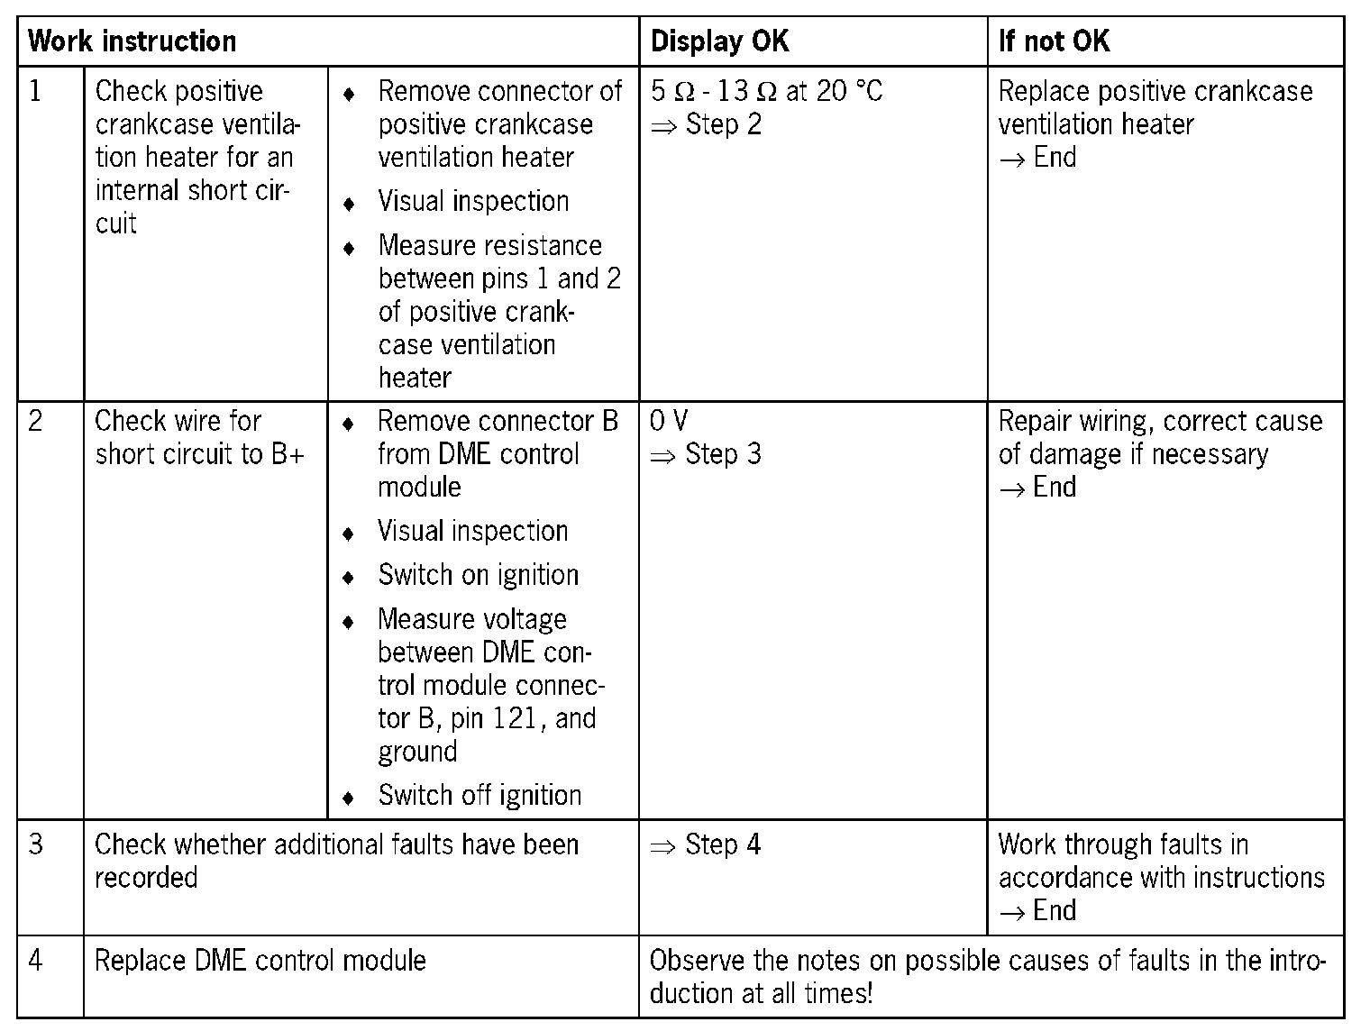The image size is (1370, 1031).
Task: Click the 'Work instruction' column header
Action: pos(132,41)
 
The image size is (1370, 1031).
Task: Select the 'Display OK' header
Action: pos(719,41)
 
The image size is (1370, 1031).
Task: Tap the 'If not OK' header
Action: pos(1054,41)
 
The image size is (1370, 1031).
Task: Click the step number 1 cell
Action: pos(36,91)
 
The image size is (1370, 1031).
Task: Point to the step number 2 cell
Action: pos(36,421)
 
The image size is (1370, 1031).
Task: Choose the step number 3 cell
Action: pos(36,844)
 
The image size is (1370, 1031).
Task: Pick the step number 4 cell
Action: pos(36,960)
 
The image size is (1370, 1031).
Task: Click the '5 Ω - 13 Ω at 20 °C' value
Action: pos(766,91)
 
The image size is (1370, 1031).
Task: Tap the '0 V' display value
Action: pos(669,421)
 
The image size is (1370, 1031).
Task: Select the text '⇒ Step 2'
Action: pos(706,124)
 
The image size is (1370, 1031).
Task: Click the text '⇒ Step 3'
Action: pos(706,454)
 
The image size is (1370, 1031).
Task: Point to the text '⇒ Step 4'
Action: pos(706,844)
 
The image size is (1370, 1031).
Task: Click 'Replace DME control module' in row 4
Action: pos(260,960)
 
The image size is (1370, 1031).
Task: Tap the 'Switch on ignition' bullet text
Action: pos(478,575)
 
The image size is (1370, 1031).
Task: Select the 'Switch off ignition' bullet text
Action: pos(479,796)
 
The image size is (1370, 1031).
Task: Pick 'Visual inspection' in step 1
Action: pos(473,201)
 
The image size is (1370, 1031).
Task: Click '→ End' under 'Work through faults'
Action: pos(1037,911)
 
